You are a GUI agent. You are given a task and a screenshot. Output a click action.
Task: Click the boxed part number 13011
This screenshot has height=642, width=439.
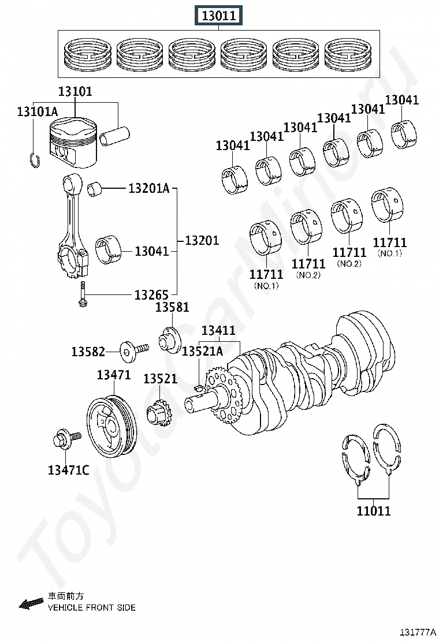218,16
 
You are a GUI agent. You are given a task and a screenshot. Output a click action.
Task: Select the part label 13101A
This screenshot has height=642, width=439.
38,111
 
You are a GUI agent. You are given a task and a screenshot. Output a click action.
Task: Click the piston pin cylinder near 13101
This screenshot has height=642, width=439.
115,136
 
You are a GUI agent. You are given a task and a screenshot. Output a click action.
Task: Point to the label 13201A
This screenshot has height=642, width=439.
148,188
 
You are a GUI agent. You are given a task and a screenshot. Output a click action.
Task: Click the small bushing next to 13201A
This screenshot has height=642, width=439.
95,188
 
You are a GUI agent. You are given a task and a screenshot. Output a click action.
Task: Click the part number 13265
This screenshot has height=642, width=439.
151,295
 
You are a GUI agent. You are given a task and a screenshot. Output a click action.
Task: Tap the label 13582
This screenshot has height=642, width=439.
88,352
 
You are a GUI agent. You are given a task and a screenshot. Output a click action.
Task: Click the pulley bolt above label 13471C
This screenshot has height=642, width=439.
67,439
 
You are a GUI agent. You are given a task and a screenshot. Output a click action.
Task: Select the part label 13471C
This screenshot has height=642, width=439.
68,470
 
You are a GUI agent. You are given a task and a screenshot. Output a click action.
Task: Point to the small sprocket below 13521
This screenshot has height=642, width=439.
158,414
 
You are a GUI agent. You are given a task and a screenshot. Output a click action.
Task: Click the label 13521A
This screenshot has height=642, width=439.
202,351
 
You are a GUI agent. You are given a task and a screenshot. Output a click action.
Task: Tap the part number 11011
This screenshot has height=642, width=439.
374,511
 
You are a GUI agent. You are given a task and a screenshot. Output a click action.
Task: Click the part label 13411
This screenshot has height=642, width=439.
218,330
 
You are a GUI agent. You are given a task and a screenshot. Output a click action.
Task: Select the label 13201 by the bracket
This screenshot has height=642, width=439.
202,240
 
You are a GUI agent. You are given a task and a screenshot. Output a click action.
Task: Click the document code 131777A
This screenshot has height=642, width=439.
418,632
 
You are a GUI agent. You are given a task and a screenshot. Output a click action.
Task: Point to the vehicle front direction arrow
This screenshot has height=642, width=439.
31,603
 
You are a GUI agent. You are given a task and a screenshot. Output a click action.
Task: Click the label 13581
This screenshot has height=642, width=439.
172,307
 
